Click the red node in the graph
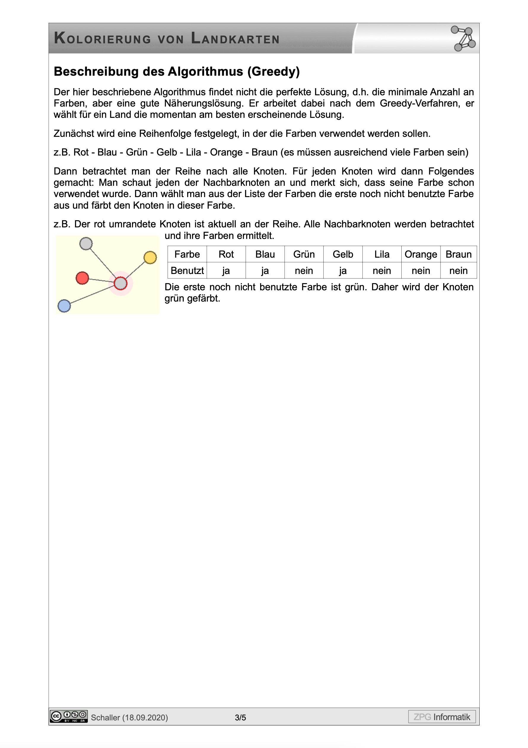click(82, 278)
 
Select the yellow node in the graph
click(150, 257)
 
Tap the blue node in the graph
click(64, 306)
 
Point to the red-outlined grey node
click(120, 283)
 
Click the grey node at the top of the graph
click(86, 243)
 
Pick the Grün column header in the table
click(304, 254)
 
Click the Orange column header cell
click(421, 254)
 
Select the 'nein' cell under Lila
click(381, 270)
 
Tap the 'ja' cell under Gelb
click(343, 270)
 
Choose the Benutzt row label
click(187, 270)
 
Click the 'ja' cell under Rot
click(226, 270)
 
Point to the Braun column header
click(458, 254)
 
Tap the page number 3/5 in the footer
click(240, 717)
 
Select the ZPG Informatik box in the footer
click(442, 717)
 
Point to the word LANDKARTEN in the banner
click(235, 39)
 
